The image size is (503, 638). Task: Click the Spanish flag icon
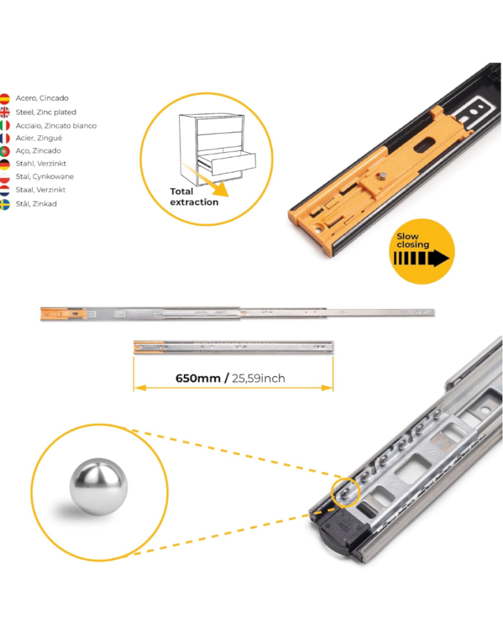coord(5,98)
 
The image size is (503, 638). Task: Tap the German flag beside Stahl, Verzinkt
coord(5,164)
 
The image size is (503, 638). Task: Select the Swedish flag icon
coord(5,205)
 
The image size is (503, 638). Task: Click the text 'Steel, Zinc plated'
coord(46,112)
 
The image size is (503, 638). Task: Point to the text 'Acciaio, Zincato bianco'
coord(56,125)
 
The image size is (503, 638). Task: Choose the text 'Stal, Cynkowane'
coord(45,176)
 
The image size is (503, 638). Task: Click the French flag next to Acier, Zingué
coord(5,138)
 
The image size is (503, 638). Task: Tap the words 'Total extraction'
coord(194,197)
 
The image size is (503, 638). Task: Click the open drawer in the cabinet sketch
coord(227,162)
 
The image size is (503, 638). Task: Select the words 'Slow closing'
coord(413,240)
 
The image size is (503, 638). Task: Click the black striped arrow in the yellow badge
coord(421,258)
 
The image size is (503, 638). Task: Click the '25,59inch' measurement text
coord(259,378)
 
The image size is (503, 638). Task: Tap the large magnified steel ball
coord(98,487)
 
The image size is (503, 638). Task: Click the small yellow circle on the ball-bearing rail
coord(345,492)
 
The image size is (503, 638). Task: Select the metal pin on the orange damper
coord(382,176)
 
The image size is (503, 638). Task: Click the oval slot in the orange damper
coord(424,146)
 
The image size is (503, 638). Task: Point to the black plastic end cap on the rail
coord(343,529)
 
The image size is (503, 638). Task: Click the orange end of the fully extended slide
coord(64,313)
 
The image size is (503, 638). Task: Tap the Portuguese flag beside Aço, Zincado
coord(5,151)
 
